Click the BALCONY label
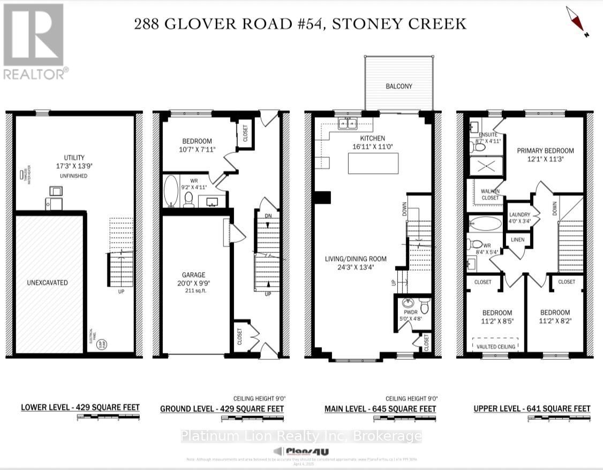click(399, 86)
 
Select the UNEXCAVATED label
click(48, 282)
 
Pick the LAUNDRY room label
click(519, 215)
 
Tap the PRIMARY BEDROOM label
click(545, 150)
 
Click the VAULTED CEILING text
click(495, 346)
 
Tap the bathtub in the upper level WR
click(485, 222)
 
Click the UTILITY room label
click(74, 157)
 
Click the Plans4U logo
click(301, 451)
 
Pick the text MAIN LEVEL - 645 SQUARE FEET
click(380, 409)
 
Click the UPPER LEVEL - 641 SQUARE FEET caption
click(532, 409)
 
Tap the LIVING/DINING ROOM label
click(356, 259)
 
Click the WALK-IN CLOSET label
click(489, 194)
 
